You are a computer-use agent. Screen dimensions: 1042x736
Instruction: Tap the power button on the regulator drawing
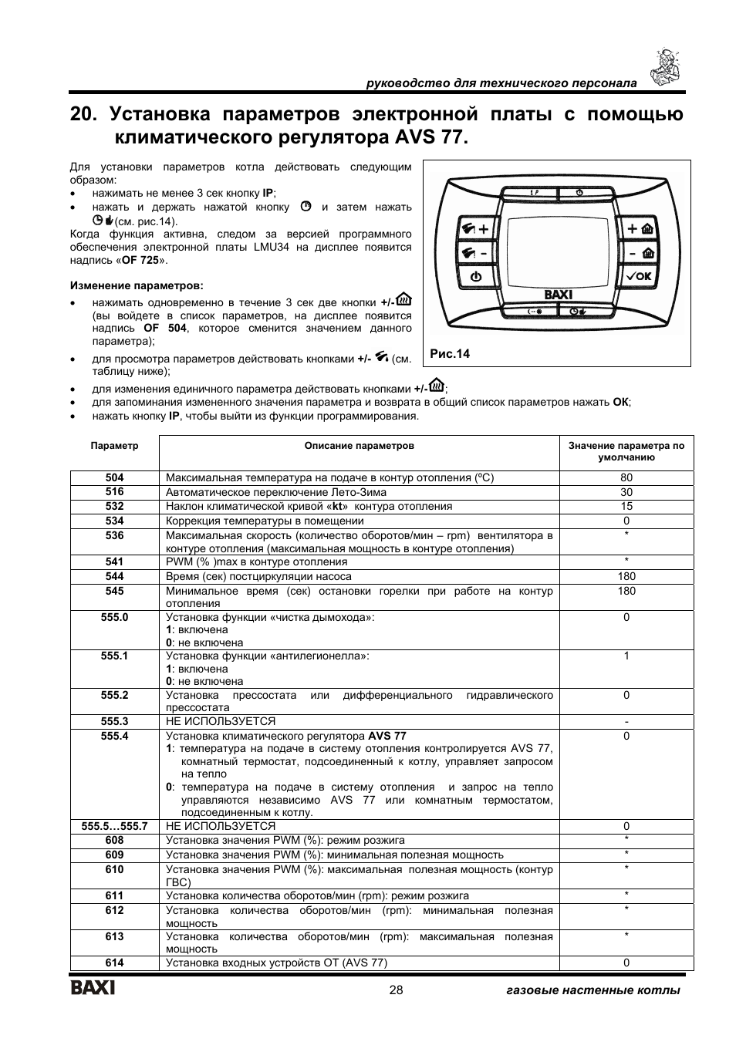point(475,275)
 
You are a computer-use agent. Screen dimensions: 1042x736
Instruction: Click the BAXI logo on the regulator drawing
point(558,294)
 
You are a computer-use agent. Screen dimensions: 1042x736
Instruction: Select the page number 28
point(397,990)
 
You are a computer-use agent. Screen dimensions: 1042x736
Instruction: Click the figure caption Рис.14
point(450,354)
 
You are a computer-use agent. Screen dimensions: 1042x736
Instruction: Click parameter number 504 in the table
point(114,477)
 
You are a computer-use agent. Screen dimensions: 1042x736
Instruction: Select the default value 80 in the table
point(626,477)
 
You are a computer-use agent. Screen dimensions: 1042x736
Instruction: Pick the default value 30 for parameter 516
point(626,492)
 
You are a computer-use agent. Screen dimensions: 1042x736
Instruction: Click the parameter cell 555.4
point(114,736)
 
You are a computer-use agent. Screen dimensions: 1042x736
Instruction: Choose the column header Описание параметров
point(359,446)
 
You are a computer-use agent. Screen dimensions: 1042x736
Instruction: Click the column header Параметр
point(114,446)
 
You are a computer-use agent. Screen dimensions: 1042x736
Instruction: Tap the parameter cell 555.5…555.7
point(114,826)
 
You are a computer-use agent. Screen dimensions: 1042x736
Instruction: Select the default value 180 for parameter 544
point(626,576)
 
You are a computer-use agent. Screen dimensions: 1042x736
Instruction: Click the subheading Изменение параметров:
point(137,285)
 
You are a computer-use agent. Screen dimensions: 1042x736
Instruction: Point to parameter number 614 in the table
point(114,963)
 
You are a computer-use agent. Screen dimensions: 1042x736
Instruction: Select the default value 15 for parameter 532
point(626,506)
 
